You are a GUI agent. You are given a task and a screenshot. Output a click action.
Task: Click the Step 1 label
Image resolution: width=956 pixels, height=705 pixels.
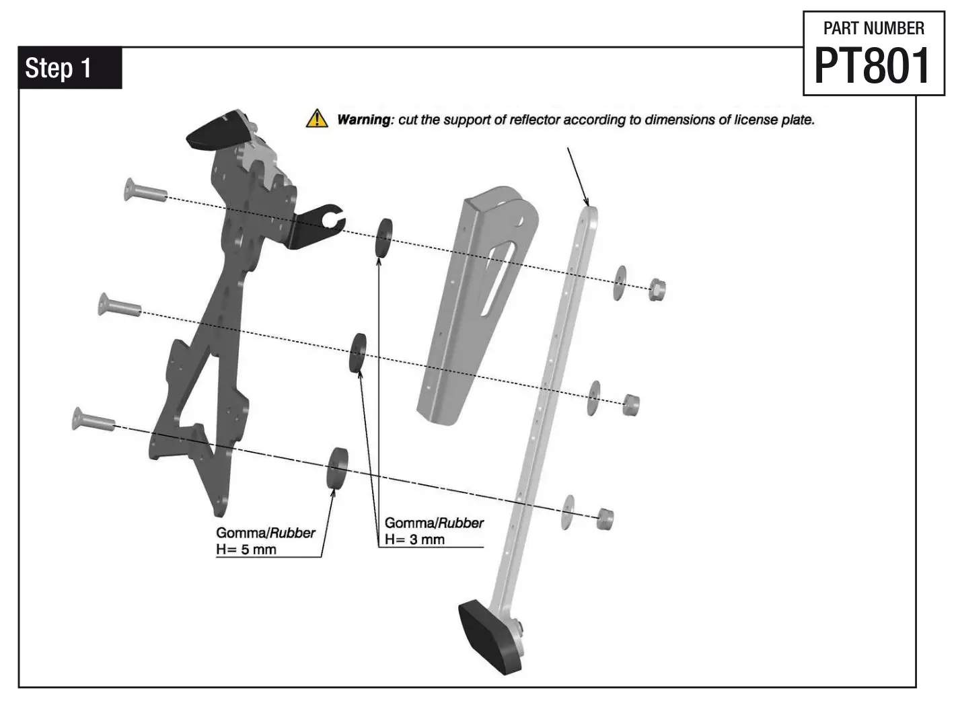tap(58, 68)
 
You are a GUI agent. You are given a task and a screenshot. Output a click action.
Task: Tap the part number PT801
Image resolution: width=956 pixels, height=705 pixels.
tap(873, 66)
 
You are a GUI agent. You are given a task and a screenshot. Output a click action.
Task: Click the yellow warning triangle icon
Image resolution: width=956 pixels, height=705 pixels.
tap(316, 118)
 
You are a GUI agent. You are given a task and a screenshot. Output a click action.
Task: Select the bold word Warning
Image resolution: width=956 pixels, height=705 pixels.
tap(363, 120)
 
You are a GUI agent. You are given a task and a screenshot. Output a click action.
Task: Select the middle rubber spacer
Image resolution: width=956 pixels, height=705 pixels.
tap(357, 352)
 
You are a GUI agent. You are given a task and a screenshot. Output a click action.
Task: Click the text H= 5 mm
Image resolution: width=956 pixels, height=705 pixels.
tap(246, 550)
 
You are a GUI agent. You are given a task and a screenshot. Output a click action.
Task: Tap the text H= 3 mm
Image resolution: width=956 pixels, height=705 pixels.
tap(414, 540)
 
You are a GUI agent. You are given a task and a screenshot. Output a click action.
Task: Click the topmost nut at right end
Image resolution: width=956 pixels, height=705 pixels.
tap(657, 289)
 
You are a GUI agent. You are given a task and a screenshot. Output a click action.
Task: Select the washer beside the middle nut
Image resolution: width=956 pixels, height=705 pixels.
tap(593, 398)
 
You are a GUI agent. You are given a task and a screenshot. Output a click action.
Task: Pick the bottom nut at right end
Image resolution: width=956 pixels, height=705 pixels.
tap(605, 519)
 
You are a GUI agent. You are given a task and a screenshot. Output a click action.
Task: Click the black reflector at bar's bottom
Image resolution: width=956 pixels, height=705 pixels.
tap(490, 636)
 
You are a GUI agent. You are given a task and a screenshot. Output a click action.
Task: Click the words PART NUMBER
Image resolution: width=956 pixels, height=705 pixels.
tap(873, 28)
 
